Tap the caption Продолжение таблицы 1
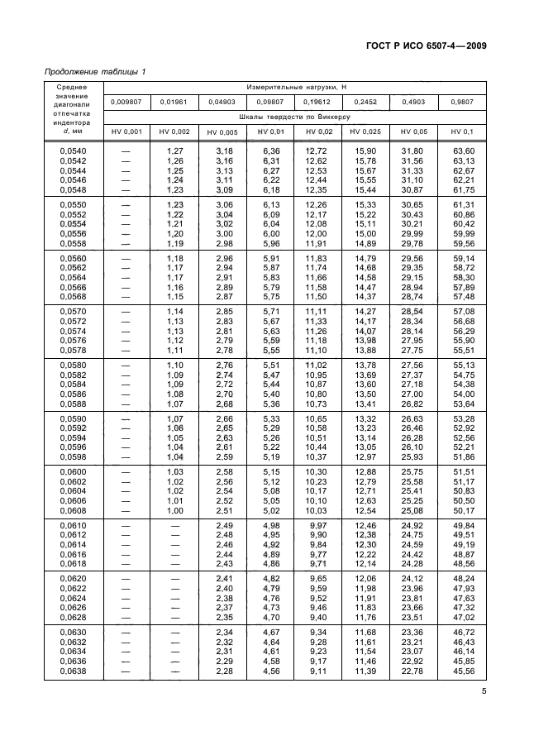click(x=94, y=71)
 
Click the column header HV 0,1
click(x=462, y=132)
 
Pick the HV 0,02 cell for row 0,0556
click(x=317, y=234)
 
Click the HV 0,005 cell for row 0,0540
click(x=223, y=151)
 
